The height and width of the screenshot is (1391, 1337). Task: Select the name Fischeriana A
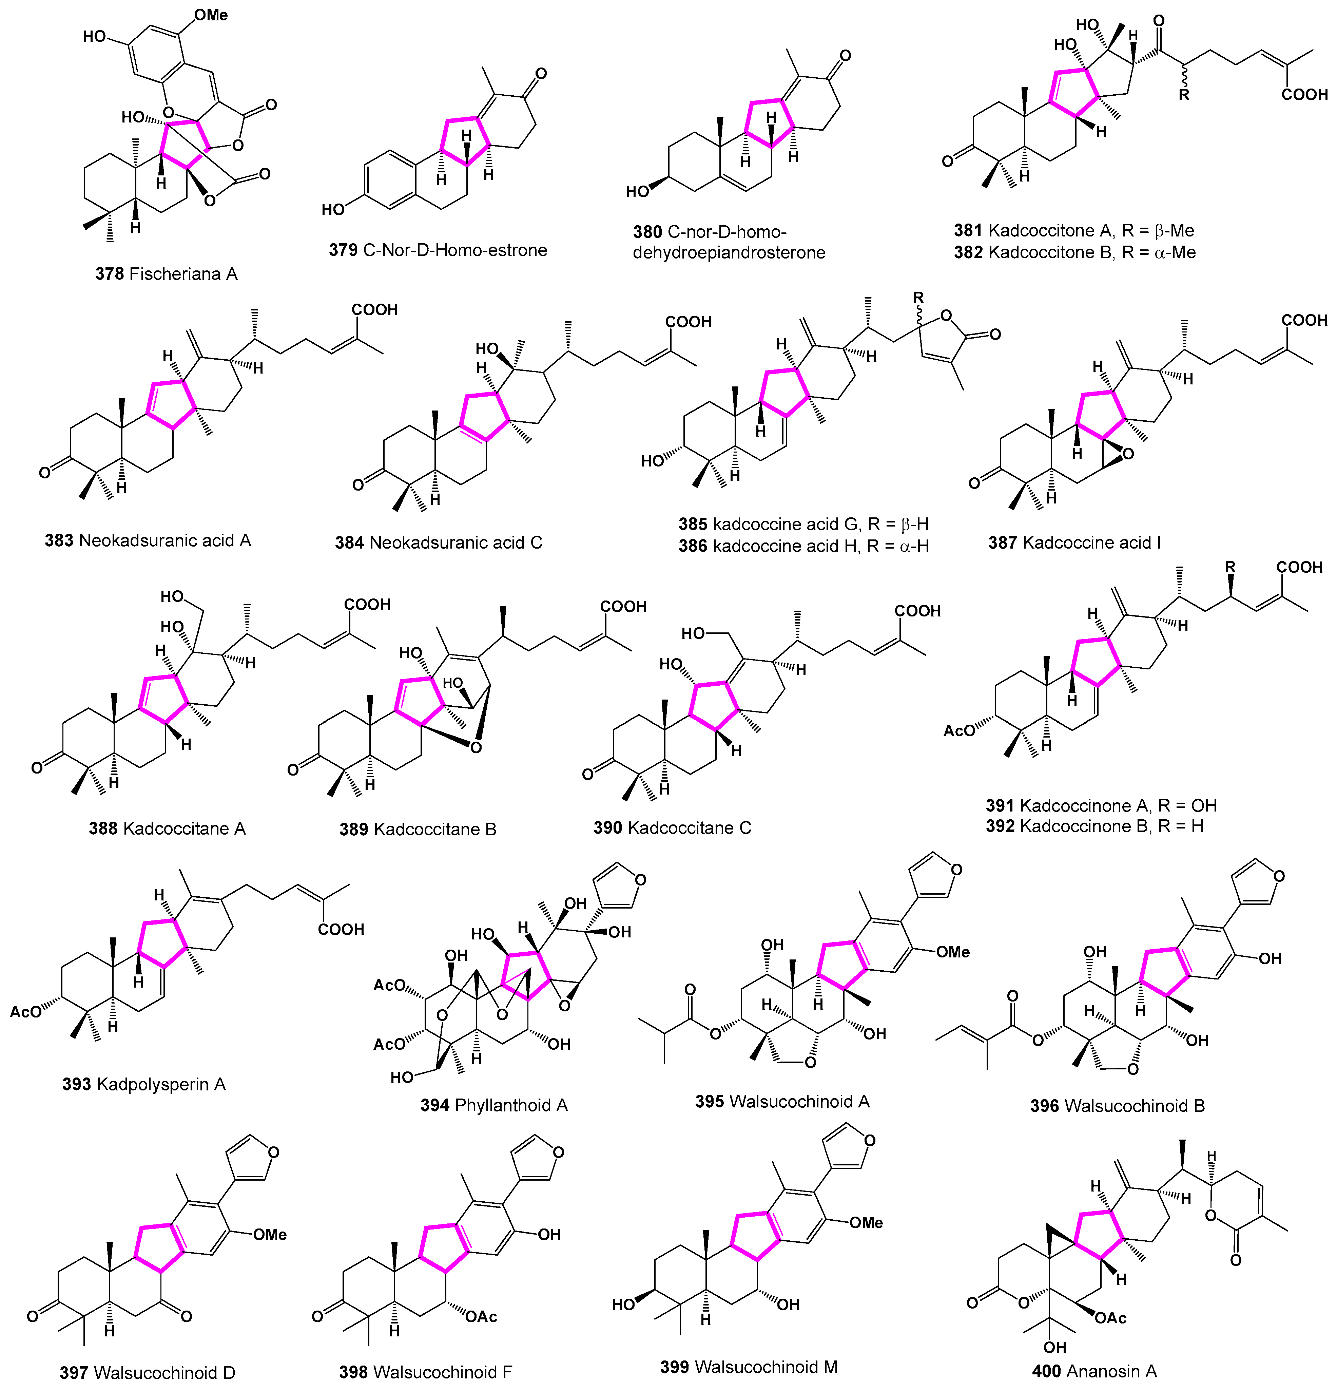pyautogui.click(x=183, y=274)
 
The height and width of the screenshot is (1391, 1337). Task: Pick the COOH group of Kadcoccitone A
pyautogui.click(x=1304, y=94)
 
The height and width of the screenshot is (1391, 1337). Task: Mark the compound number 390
pyautogui.click(x=607, y=827)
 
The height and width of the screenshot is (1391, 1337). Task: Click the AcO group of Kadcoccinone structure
pyautogui.click(x=959, y=730)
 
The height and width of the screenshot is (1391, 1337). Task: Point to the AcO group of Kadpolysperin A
pyautogui.click(x=25, y=1011)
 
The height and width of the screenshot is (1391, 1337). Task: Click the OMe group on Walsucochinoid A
pyautogui.click(x=952, y=952)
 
